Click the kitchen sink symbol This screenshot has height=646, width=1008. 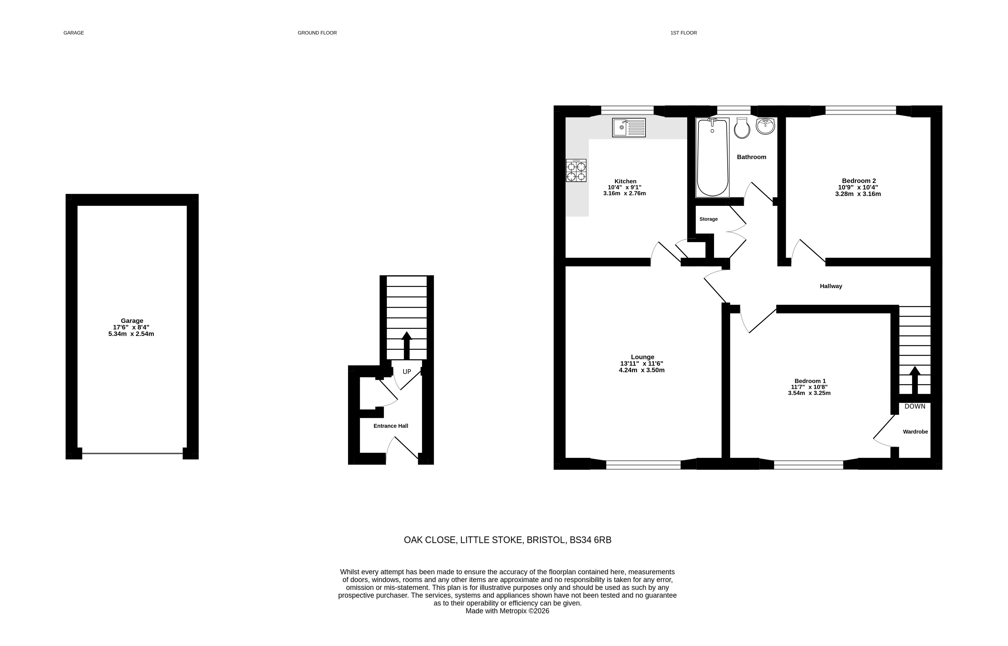pos(629,128)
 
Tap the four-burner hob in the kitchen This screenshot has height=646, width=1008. pos(576,170)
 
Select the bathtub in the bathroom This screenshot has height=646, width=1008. pos(713,157)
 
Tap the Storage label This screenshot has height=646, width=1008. pos(709,219)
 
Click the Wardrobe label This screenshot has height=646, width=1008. pos(915,432)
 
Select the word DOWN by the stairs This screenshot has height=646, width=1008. pos(915,406)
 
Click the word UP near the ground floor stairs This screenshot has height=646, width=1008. pos(407,372)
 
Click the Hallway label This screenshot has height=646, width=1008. pos(831,286)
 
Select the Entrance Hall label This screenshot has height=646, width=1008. pos(391,426)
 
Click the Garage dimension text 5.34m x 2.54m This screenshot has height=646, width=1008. pos(131,334)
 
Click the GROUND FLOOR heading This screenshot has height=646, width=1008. pos(317,33)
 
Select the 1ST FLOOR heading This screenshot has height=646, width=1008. pos(683,33)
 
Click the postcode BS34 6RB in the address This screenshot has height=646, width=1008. pos(590,540)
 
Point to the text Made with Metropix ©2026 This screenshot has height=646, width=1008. pos(507,611)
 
